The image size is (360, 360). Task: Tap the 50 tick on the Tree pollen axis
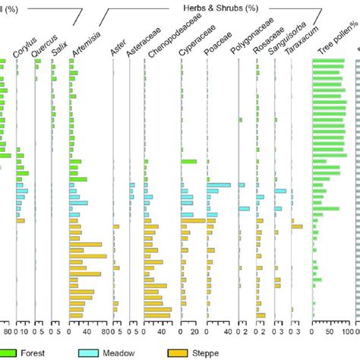332,331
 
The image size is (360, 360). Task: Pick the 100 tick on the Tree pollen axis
350,331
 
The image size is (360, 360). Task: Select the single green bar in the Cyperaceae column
189,161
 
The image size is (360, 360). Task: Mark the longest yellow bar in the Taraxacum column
297,226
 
